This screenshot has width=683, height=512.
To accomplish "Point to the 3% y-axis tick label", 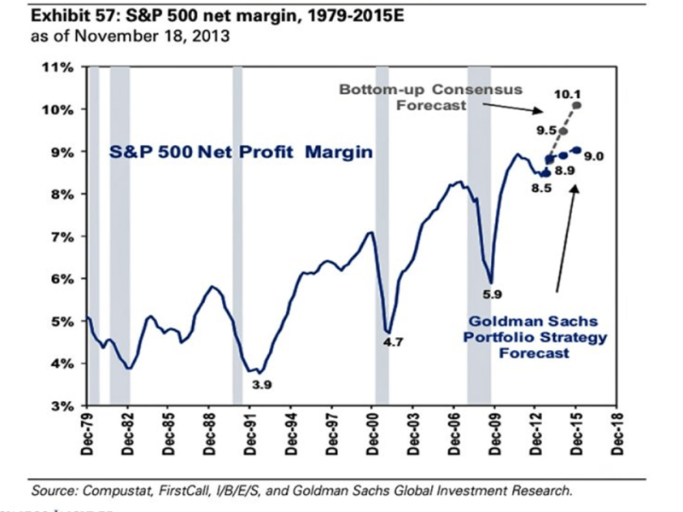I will pyautogui.click(x=65, y=406).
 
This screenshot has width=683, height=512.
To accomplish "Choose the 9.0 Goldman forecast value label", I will pyautogui.click(x=595, y=156).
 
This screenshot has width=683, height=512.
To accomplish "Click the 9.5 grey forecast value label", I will pyautogui.click(x=546, y=131).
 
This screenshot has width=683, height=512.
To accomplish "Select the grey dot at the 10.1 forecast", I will pyautogui.click(x=578, y=105).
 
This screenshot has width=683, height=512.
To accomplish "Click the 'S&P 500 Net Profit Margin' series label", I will pyautogui.click(x=242, y=154).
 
